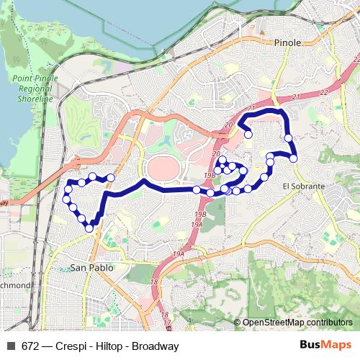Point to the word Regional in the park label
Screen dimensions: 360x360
click(33, 90)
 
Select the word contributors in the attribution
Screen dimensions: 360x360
click(330, 323)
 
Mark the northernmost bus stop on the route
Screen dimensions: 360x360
click(248, 134)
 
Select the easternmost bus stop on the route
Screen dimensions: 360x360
click(294, 158)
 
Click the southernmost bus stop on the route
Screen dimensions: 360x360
click(89, 228)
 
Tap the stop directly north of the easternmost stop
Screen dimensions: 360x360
click(289, 138)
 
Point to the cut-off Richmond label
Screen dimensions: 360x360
click(14, 285)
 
